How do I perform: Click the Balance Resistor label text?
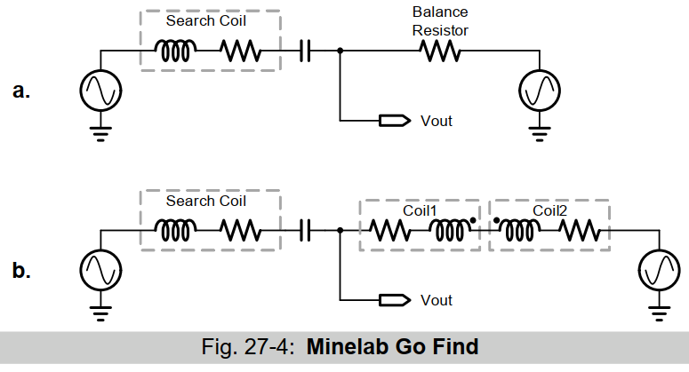(x=440, y=21)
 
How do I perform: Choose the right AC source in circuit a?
(x=540, y=90)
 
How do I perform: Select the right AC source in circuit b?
(x=660, y=269)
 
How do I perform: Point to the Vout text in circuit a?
(x=436, y=121)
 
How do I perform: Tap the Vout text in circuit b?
(x=436, y=300)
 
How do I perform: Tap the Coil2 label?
(x=551, y=210)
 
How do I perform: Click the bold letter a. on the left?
(x=21, y=91)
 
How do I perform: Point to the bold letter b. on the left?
(x=21, y=270)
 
